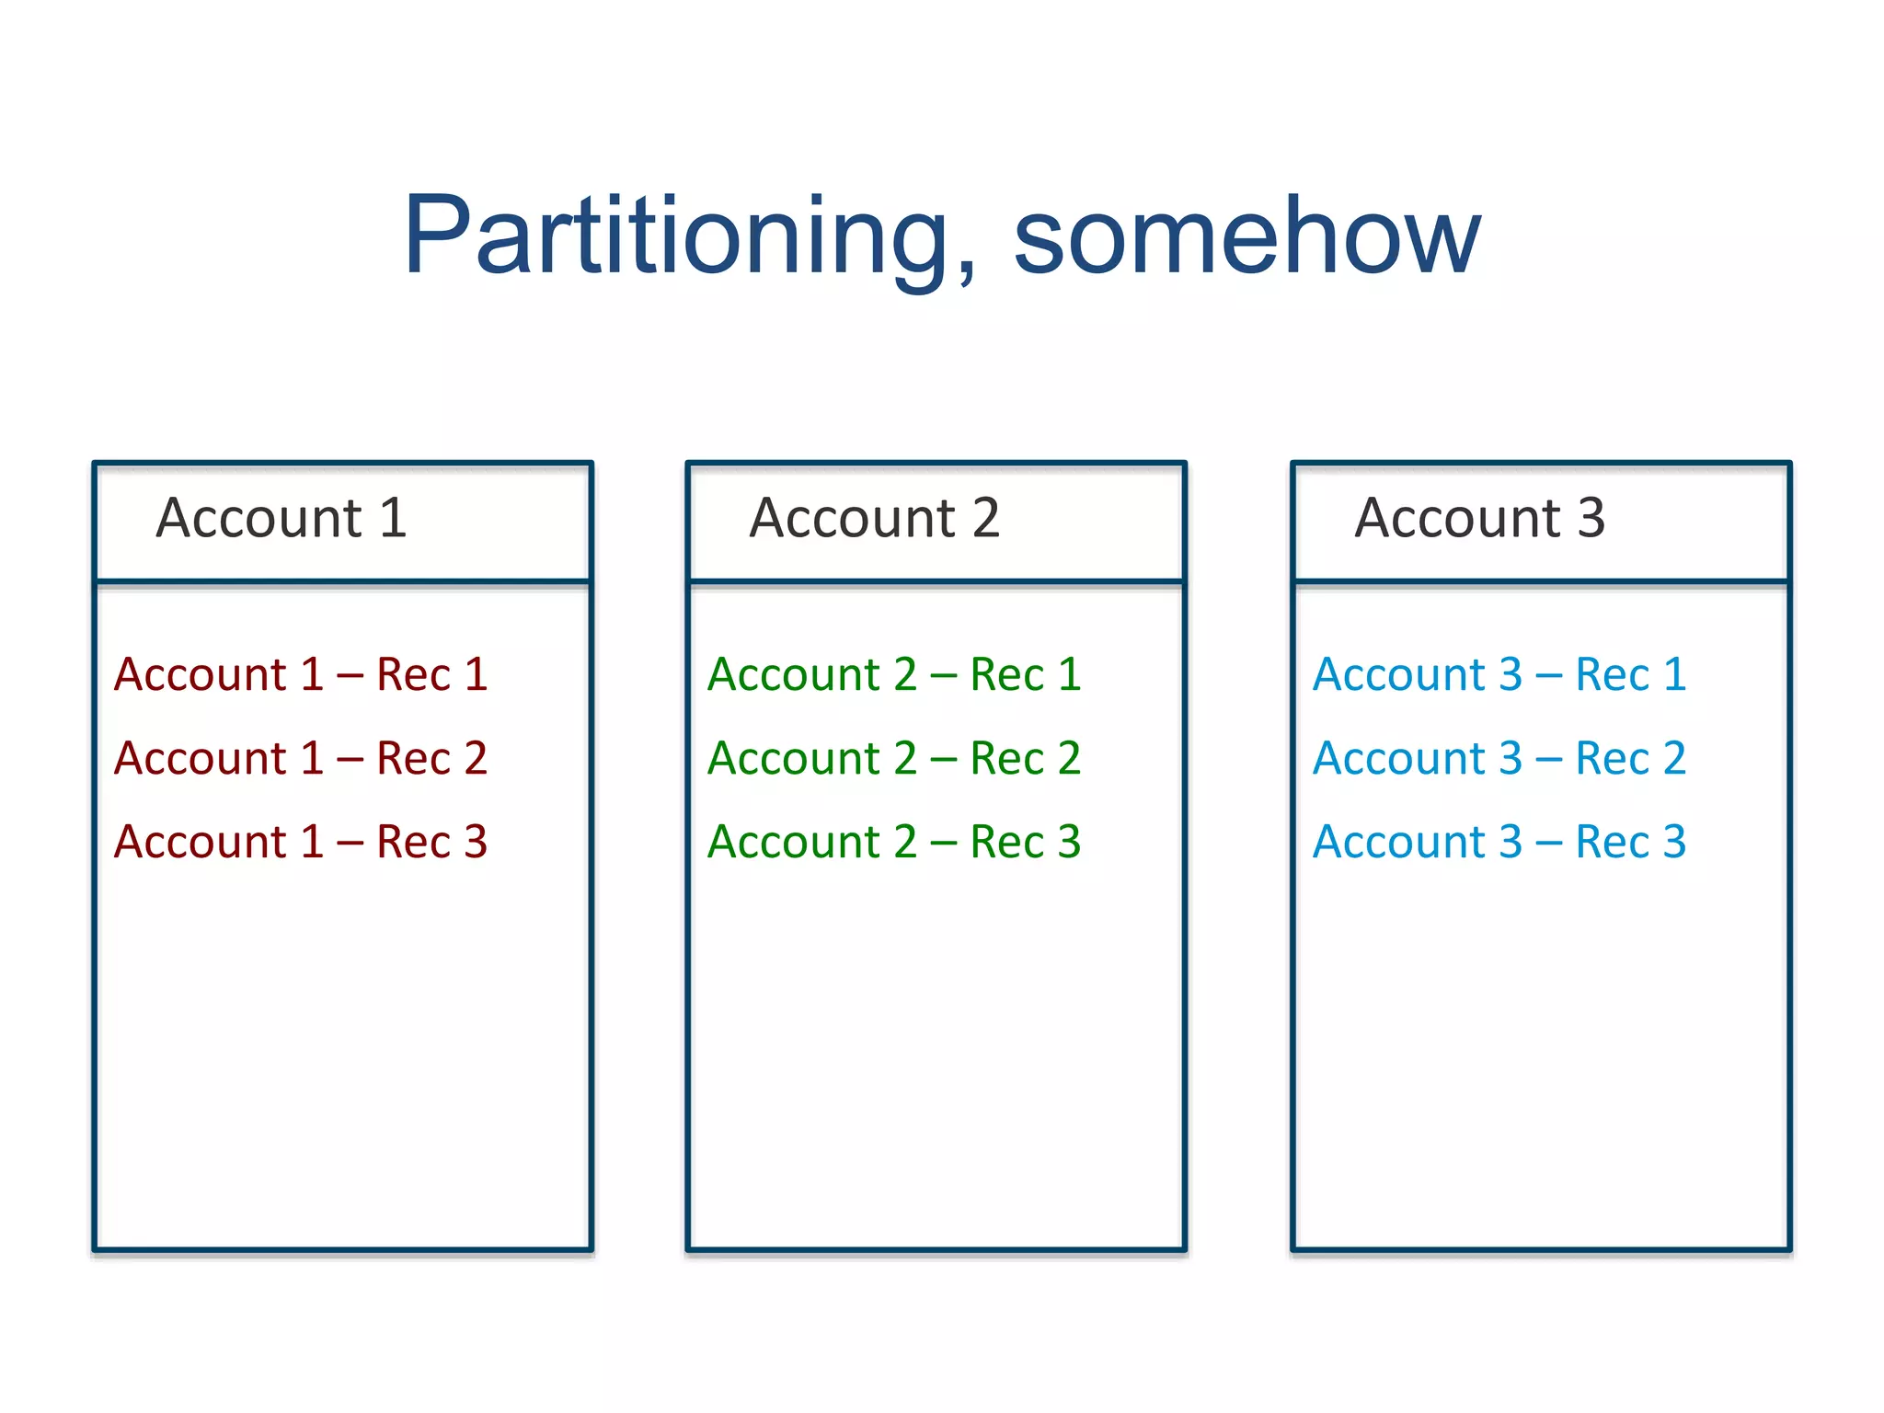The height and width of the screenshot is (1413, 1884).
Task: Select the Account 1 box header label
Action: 281,518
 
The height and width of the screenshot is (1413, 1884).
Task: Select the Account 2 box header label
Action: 874,518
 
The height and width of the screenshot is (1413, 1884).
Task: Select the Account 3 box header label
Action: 1479,518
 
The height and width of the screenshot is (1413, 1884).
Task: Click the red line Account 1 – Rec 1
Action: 300,674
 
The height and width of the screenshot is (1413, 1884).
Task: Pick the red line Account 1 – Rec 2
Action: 300,758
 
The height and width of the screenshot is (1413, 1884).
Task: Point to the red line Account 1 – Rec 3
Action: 300,842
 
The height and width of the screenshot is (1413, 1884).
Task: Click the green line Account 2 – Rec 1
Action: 893,674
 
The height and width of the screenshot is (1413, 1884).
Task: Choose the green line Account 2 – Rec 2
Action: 893,758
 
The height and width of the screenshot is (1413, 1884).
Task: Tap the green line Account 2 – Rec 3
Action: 893,842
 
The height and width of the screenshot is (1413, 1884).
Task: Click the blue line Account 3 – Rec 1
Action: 1499,674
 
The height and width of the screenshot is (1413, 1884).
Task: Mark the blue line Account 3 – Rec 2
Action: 1499,758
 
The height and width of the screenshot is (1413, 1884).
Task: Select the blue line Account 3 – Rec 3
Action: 1499,842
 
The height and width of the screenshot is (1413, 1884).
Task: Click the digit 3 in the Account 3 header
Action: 1591,518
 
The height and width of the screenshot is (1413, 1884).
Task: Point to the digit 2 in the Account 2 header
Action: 985,518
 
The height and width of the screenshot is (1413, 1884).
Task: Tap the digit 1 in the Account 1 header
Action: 393,518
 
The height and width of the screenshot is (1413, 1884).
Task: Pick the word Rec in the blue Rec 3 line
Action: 1612,842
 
